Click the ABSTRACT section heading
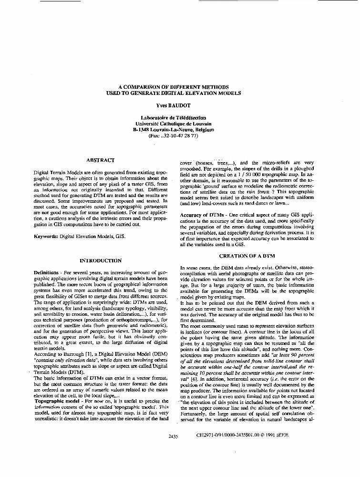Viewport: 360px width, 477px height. (x=100, y=160)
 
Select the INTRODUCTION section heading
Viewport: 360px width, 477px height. (x=101, y=260)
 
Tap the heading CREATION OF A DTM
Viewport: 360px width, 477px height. (x=246, y=256)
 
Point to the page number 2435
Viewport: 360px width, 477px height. (x=174, y=436)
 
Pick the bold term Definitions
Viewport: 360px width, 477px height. (x=47, y=272)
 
